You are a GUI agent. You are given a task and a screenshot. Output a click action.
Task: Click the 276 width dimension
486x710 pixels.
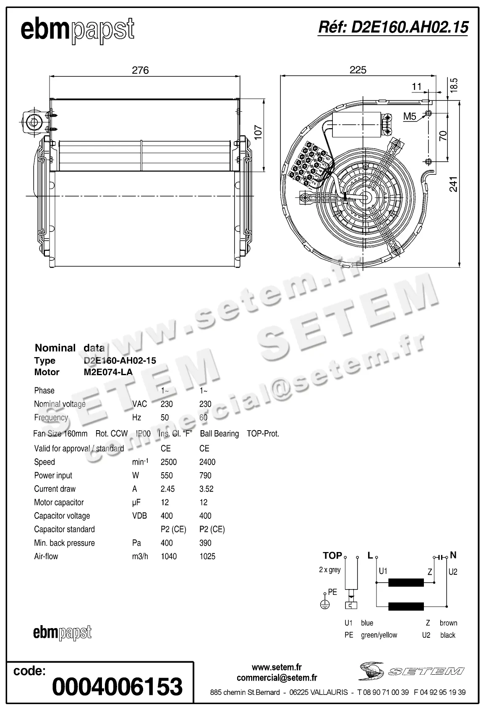[x=140, y=70]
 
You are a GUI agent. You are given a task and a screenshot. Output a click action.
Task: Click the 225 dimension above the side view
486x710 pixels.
[x=358, y=70]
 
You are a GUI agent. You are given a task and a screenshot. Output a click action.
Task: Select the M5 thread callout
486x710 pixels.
[x=410, y=116]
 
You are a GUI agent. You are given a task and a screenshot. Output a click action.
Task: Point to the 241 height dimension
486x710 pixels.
[x=454, y=184]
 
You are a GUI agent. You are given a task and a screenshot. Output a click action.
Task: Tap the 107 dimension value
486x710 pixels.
[x=258, y=133]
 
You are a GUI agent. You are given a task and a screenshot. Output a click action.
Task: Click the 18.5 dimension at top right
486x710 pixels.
[x=454, y=85]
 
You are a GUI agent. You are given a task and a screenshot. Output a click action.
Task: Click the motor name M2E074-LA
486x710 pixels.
[x=108, y=372]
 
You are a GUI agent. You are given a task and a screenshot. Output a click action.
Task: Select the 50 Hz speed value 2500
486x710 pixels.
[x=169, y=462]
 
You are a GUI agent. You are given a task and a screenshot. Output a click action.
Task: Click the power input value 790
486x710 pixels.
[x=205, y=475]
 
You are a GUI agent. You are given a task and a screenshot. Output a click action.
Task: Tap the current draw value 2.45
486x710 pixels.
[x=167, y=489]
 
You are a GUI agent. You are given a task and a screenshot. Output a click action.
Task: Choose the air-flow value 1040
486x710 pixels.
[x=169, y=556]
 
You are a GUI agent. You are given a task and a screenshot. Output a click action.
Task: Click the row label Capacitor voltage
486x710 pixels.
[x=62, y=515]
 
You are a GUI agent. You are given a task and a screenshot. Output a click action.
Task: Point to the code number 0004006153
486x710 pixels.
[x=118, y=686]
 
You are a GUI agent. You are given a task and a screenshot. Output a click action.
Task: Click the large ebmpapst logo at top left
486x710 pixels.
[x=78, y=30]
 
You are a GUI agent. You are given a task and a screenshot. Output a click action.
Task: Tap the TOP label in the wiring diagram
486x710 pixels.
[x=332, y=555]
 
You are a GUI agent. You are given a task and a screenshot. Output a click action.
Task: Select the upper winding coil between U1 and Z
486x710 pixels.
[x=406, y=583]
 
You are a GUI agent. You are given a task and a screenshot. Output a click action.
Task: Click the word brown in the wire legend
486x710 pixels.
[x=448, y=623]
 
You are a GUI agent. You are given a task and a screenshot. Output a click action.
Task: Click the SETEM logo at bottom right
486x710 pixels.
[x=411, y=671]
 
